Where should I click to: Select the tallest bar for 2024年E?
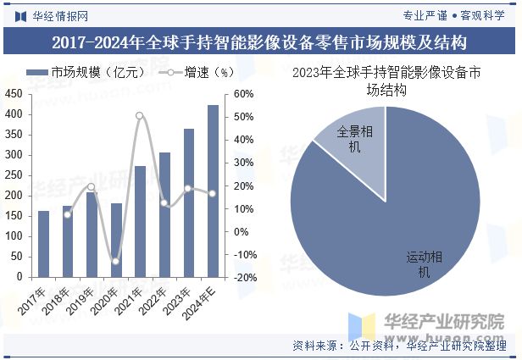pyautogui.click(x=213, y=191)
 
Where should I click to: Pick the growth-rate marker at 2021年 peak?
pyautogui.click(x=140, y=115)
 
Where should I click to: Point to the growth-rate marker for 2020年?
pyautogui.click(x=116, y=261)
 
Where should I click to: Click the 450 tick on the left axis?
pyautogui.click(x=15, y=94)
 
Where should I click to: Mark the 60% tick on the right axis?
pyautogui.click(x=242, y=94)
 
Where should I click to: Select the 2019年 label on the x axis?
pyautogui.click(x=82, y=299)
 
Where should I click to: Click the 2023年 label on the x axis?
pyautogui.click(x=179, y=299)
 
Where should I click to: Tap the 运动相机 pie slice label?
pyautogui.click(x=425, y=264)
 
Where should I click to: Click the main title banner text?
pyautogui.click(x=260, y=42)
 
